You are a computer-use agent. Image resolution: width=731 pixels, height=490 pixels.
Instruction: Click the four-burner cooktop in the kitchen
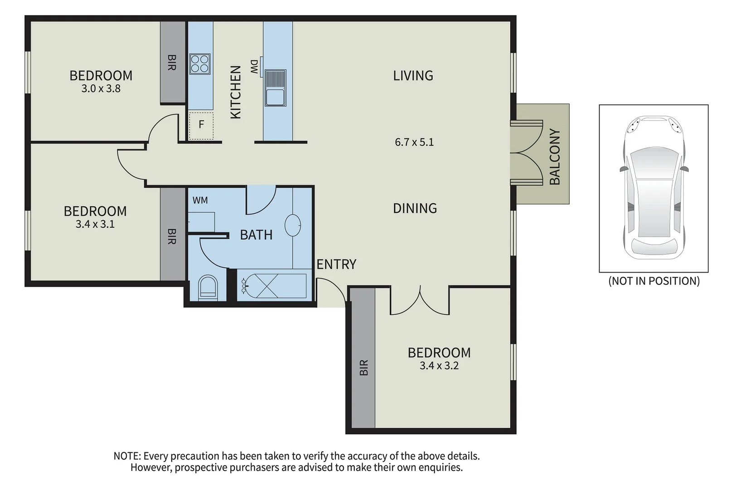(x=200, y=64)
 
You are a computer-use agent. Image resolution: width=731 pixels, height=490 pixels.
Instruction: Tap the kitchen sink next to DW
(x=275, y=88)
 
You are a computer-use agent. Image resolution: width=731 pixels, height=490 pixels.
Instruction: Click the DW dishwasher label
(x=254, y=67)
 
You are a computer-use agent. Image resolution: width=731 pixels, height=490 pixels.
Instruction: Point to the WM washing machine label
(x=200, y=200)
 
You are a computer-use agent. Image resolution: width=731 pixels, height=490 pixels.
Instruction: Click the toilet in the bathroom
(x=208, y=288)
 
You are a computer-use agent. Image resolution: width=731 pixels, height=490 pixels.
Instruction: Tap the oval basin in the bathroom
(x=293, y=225)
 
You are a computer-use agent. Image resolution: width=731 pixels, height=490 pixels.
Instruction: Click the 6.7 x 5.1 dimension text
(x=414, y=142)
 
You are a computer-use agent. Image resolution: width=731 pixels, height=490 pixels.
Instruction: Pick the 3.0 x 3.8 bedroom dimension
(x=101, y=89)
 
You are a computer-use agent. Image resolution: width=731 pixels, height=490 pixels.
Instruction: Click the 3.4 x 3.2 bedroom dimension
(x=439, y=366)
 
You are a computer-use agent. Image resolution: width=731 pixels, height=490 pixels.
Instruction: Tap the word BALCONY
(x=555, y=157)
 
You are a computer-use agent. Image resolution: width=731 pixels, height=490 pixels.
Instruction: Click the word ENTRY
(x=336, y=264)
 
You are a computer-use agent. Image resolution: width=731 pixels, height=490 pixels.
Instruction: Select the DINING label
(x=415, y=208)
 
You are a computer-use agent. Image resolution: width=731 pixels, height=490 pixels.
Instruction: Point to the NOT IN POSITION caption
(x=654, y=281)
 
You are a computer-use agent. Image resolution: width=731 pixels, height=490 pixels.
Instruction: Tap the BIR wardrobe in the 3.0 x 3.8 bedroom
(x=172, y=62)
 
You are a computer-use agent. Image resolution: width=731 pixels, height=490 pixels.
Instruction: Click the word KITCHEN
(x=236, y=92)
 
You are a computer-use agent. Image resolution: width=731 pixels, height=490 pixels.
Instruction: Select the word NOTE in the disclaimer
(x=127, y=456)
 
